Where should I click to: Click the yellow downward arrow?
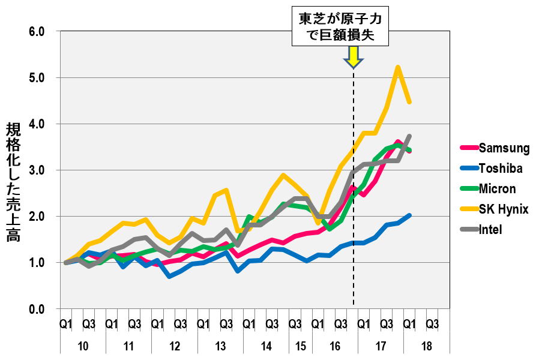pyautogui.click(x=353, y=56)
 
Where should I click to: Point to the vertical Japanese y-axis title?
pyautogui.click(x=13, y=182)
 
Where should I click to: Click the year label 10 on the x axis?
pyautogui.click(x=83, y=347)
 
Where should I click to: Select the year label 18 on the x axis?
pyautogui.click(x=426, y=347)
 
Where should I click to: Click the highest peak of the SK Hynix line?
pyautogui.click(x=397, y=67)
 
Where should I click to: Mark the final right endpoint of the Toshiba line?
pyautogui.click(x=409, y=215)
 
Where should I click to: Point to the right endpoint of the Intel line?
pyautogui.click(x=409, y=136)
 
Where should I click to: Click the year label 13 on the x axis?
pyautogui.click(x=220, y=347)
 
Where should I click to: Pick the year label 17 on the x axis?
pyautogui.click(x=380, y=347)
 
